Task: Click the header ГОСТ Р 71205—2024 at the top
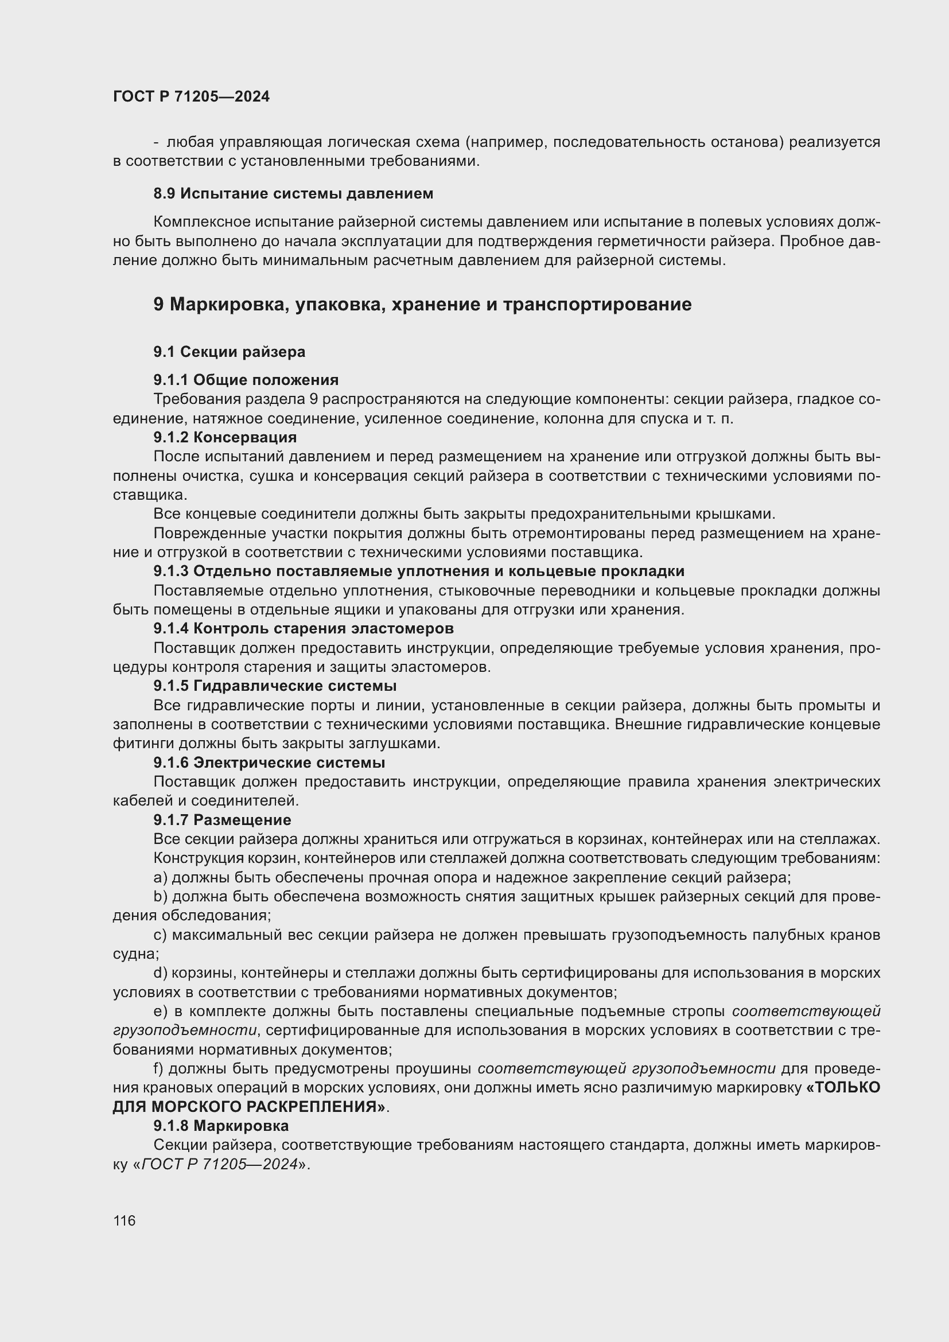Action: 191,96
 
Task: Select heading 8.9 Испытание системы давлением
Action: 293,193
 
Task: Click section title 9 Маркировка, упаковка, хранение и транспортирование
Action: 422,305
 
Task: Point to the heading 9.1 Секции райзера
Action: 229,352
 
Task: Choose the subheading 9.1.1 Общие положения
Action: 246,380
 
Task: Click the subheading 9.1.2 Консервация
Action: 224,437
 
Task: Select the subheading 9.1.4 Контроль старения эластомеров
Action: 304,628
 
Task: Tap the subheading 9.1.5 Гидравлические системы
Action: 275,686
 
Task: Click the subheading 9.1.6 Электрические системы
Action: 269,763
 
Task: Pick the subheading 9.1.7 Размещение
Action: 222,820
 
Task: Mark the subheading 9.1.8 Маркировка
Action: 221,1126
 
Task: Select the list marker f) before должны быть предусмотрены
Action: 159,1068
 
